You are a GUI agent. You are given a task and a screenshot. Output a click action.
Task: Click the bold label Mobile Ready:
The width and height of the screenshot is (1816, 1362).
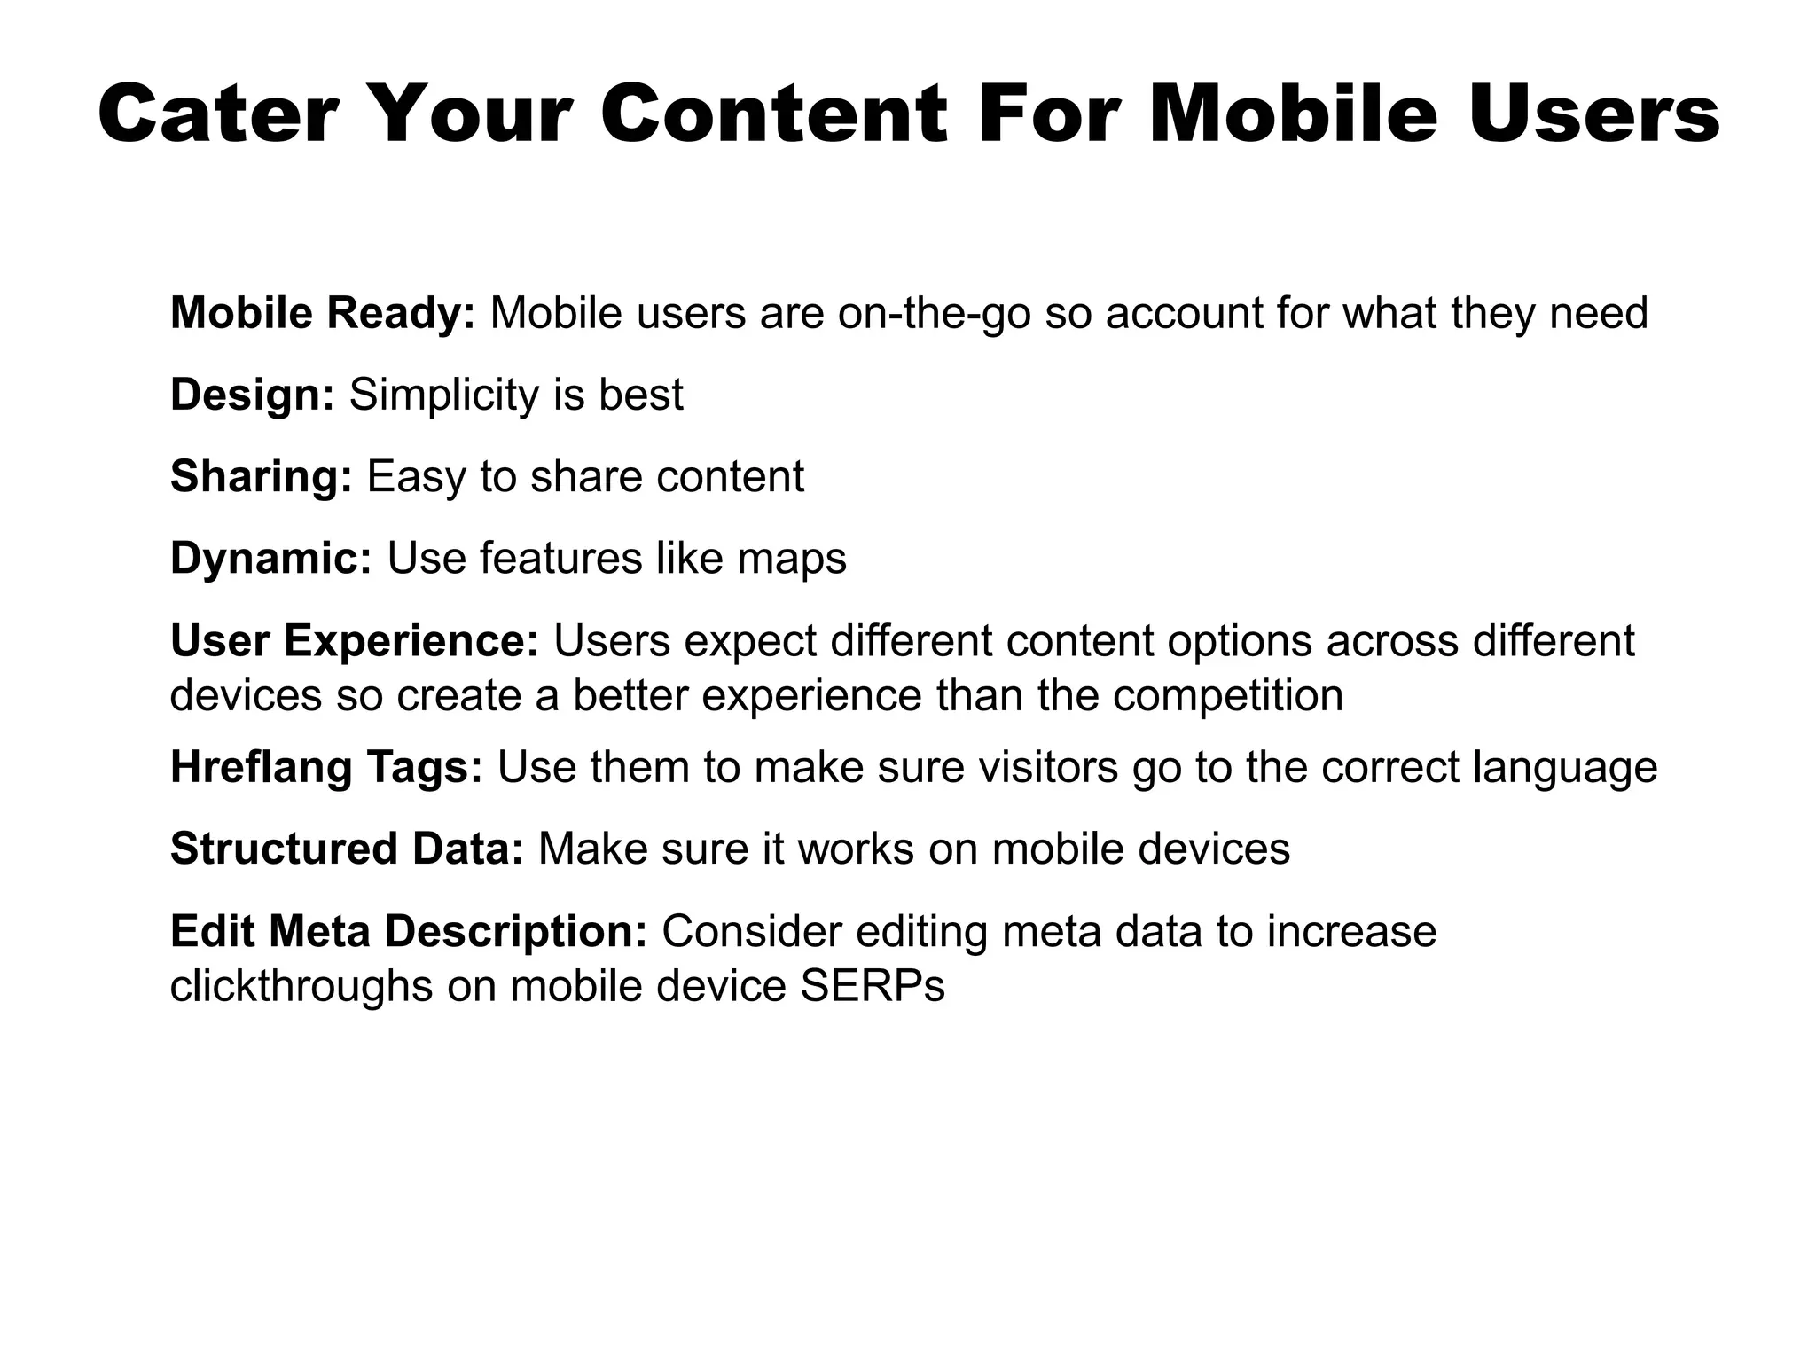pos(323,313)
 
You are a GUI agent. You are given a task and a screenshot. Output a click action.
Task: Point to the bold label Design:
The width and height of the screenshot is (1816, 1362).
pos(252,395)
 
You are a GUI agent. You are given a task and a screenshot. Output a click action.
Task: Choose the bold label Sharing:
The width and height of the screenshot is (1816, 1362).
pos(262,477)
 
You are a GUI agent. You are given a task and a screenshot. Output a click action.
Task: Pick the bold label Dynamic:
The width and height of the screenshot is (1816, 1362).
pos(271,559)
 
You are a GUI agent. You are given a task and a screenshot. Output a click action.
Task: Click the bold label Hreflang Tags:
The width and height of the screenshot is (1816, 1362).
pos(326,767)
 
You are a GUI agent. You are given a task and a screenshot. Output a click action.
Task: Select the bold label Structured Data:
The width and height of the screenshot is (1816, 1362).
pos(347,849)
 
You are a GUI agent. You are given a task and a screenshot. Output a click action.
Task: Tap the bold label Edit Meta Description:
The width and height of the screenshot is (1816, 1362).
pos(409,931)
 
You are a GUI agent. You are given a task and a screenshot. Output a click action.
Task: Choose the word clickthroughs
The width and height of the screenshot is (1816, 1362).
pos(301,986)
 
